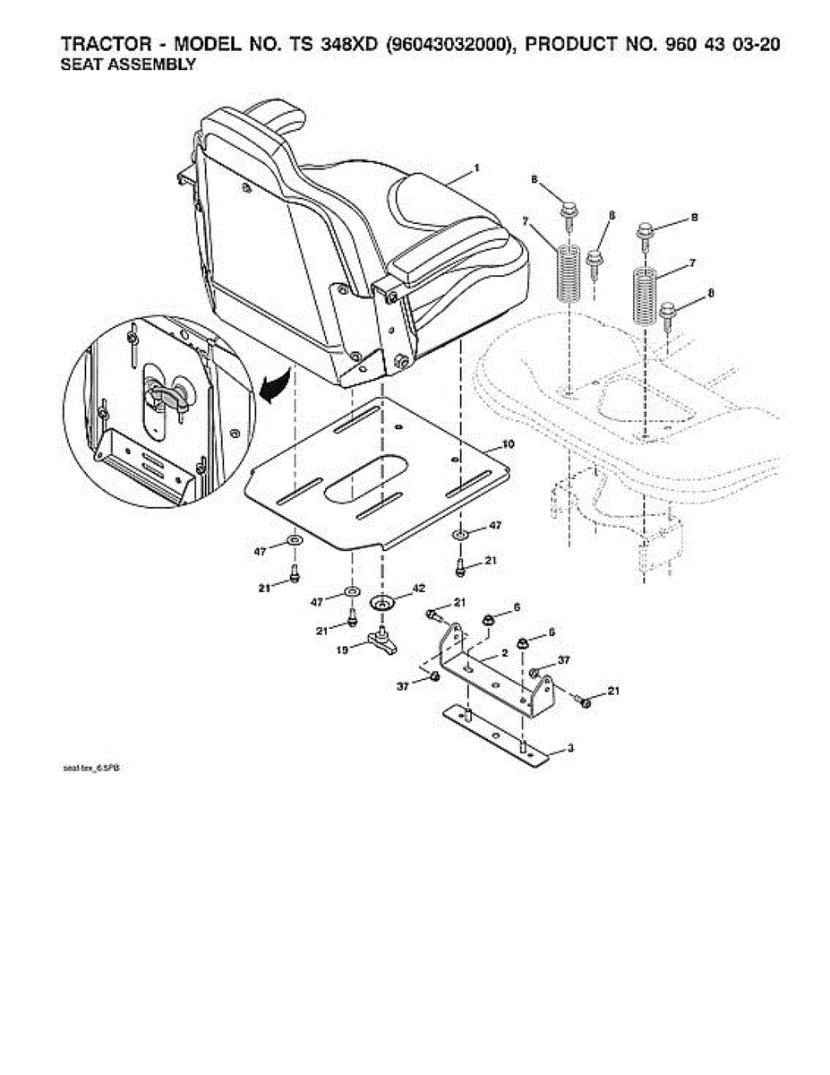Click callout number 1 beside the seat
(x=477, y=168)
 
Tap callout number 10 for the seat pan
(x=508, y=443)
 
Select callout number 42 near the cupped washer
(x=417, y=589)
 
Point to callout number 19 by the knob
(x=342, y=652)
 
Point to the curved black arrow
(x=276, y=388)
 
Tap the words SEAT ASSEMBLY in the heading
(x=127, y=65)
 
